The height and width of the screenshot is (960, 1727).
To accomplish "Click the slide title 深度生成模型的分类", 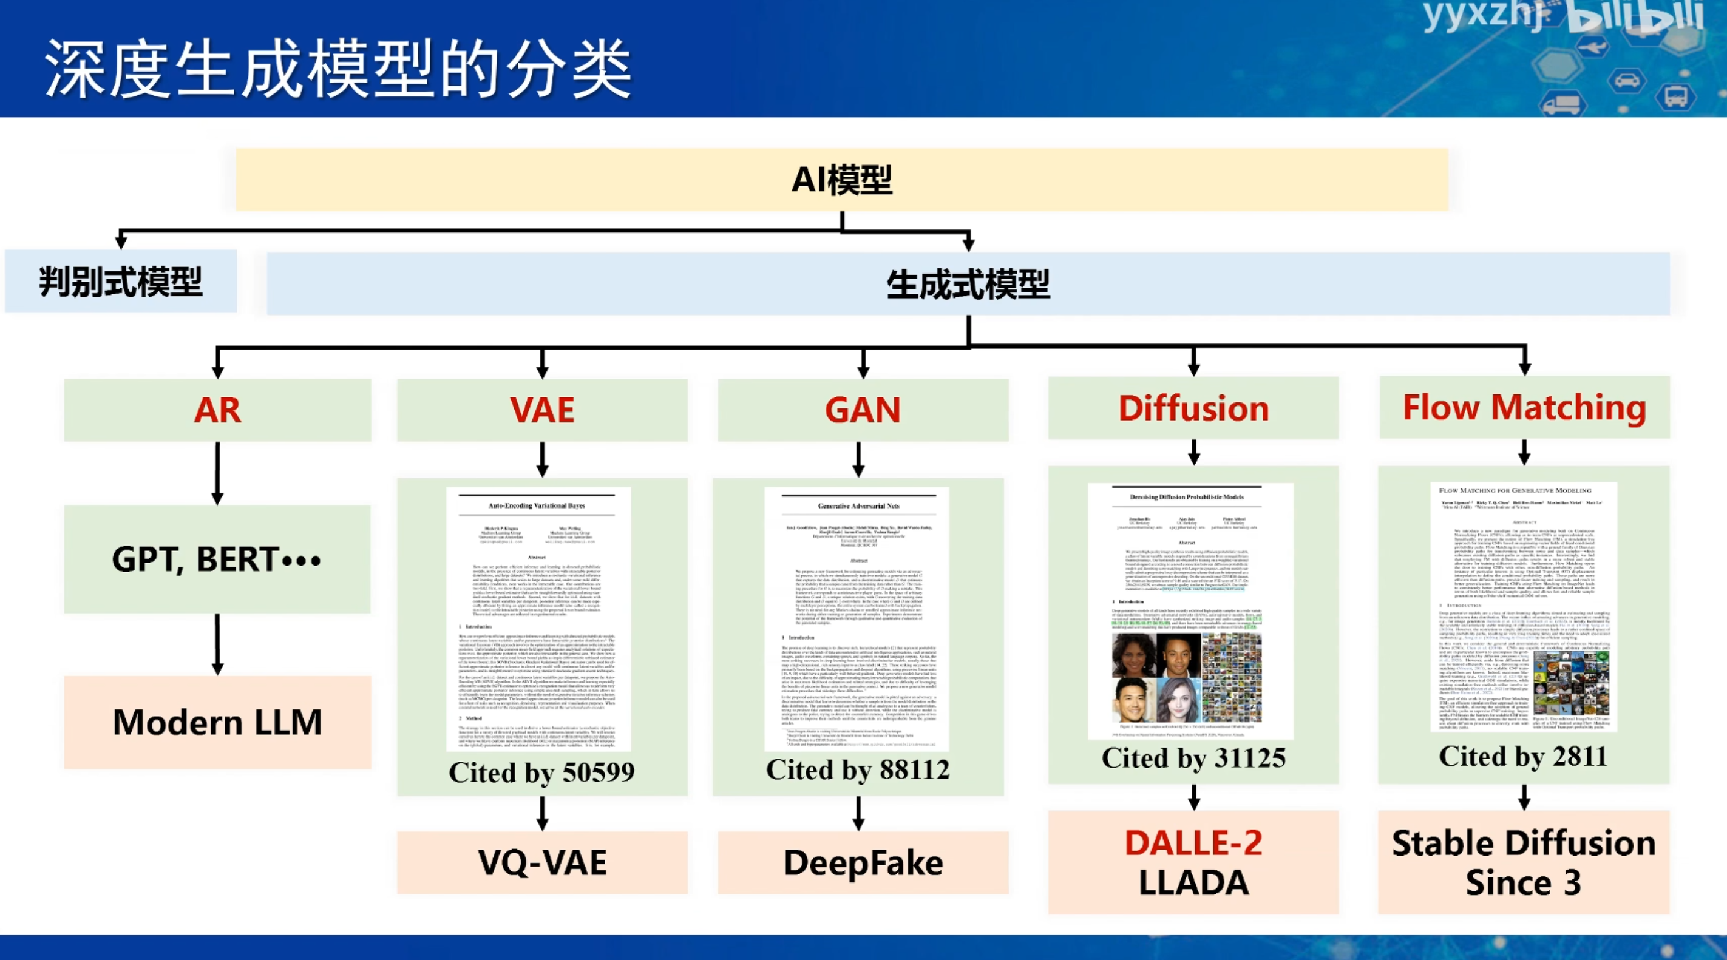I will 338,69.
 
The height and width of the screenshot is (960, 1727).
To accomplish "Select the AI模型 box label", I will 841,180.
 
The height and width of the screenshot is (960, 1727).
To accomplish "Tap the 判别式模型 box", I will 121,282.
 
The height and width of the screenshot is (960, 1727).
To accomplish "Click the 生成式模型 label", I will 968,284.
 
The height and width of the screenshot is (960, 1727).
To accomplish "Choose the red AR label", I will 217,410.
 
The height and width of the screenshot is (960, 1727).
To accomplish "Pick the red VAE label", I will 541,410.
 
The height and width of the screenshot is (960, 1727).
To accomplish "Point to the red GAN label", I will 863,410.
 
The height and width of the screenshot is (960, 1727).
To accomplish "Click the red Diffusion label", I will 1193,408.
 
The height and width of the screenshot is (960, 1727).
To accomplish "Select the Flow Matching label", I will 1524,407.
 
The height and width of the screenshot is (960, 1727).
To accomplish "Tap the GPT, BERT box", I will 217,559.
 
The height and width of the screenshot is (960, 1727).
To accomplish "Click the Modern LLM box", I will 217,722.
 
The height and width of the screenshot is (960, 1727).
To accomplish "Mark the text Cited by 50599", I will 541,772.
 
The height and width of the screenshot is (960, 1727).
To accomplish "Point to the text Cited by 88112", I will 858,769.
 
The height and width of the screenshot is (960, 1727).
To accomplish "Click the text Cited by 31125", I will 1193,758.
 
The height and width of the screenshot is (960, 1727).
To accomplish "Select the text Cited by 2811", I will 1523,756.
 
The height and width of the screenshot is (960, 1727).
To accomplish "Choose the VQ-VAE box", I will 541,862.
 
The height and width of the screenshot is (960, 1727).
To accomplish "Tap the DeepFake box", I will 863,863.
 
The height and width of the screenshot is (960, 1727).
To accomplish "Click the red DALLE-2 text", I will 1193,843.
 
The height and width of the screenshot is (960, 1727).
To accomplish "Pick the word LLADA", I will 1193,882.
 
